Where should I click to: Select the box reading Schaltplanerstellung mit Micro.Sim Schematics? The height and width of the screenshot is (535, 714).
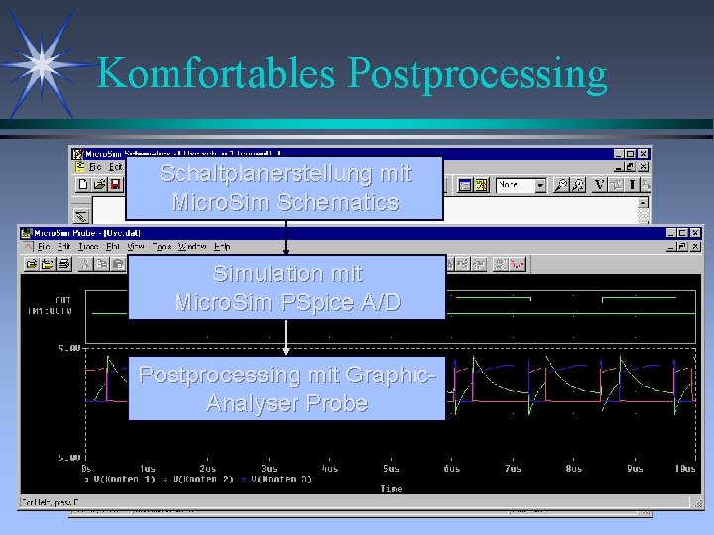pos(285,187)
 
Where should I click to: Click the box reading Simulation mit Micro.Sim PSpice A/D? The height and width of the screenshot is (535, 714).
pos(288,287)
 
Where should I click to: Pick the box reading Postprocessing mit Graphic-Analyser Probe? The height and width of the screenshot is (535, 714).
pos(287,388)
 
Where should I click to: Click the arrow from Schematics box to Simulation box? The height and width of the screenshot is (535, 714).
pos(286,237)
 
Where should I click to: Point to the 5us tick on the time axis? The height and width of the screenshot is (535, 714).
pos(391,469)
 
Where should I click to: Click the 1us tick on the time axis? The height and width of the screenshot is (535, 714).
pos(147,469)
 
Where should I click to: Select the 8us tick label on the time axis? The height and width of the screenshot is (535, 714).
pos(574,469)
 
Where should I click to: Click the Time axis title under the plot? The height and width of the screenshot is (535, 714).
pos(391,488)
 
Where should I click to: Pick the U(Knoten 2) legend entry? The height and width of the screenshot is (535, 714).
pos(204,479)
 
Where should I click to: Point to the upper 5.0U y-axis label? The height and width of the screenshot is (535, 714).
pos(67,349)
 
